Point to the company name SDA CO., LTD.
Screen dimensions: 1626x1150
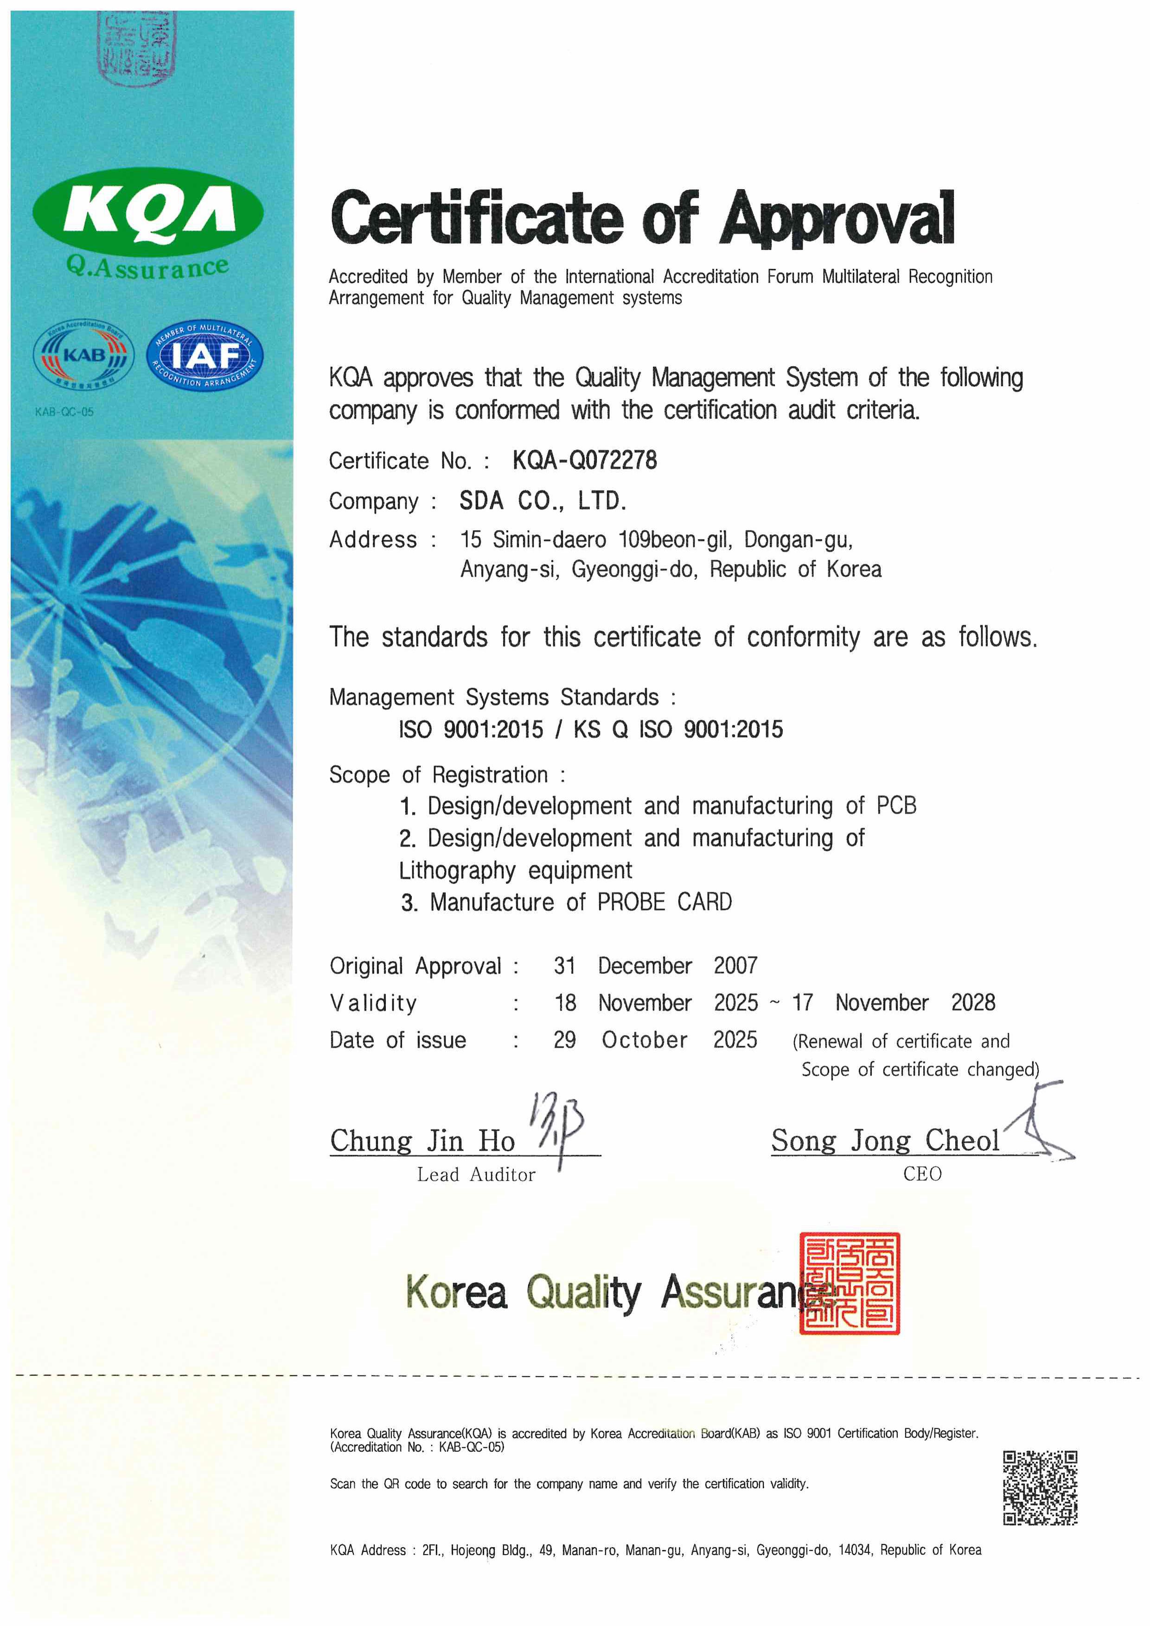click(x=542, y=502)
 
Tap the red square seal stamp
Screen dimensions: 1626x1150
click(x=849, y=1283)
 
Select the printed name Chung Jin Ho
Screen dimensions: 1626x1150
click(x=422, y=1141)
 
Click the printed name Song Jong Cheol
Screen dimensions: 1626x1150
click(x=885, y=1141)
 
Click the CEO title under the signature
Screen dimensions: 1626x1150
click(x=922, y=1174)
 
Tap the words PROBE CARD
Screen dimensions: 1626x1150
click(x=664, y=902)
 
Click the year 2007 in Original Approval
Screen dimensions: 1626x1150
click(x=735, y=966)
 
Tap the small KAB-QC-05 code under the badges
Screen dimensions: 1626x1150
click(x=64, y=412)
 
